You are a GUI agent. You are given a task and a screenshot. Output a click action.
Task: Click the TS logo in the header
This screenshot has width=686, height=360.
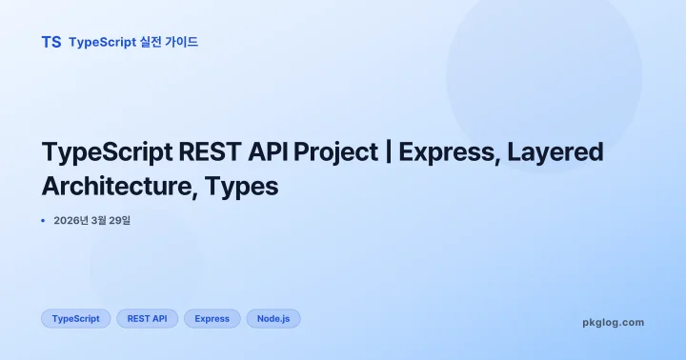[51, 42]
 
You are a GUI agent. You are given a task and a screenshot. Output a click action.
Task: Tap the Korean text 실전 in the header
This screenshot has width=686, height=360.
[151, 42]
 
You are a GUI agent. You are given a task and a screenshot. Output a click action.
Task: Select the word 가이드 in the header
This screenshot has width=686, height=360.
[183, 42]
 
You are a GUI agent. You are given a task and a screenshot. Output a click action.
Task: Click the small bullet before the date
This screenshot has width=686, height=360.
[43, 221]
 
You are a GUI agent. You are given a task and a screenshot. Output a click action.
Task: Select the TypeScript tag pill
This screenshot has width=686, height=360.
[76, 318]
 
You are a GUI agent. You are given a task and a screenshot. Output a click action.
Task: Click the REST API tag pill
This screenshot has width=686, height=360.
[148, 318]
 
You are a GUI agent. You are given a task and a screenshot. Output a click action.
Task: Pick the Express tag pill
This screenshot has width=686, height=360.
[212, 318]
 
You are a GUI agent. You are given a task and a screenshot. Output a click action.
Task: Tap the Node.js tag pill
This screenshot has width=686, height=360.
[273, 318]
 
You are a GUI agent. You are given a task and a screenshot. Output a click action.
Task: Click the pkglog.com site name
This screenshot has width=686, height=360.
[613, 322]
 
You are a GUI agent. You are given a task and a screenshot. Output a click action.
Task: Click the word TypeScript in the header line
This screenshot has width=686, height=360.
[104, 42]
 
